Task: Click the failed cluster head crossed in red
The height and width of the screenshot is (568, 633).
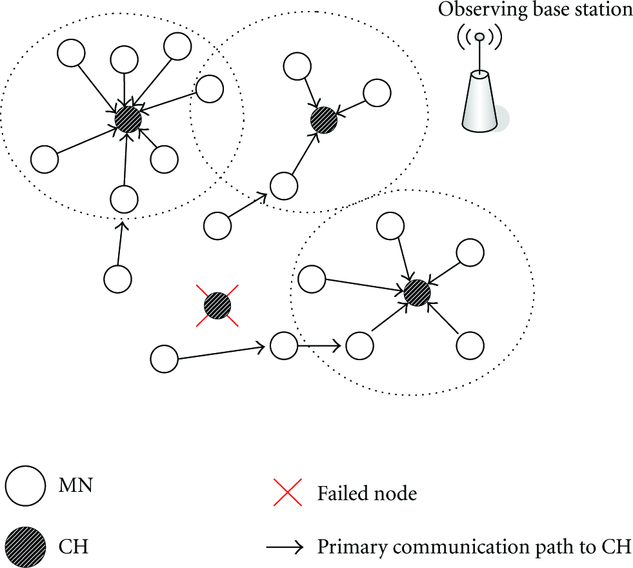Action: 217,305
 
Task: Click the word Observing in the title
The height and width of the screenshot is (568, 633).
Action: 483,10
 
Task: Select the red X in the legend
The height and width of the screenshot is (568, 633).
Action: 287,492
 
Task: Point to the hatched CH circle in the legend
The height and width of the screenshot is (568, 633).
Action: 25,547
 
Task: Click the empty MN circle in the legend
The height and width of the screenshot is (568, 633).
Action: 25,485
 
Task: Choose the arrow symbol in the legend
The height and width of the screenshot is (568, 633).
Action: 284,547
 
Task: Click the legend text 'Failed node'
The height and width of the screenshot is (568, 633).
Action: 367,493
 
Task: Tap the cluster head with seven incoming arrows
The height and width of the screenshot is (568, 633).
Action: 128,119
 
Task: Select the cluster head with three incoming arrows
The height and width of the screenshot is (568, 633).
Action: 324,120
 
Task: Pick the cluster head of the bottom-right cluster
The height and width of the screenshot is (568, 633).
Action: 417,292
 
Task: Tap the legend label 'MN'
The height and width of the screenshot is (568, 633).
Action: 75,485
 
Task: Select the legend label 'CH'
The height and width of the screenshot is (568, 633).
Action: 73,547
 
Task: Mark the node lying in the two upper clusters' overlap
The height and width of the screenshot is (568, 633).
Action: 210,89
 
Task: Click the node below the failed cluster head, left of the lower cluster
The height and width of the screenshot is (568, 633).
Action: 284,345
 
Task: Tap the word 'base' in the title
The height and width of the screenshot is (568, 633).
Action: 552,10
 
